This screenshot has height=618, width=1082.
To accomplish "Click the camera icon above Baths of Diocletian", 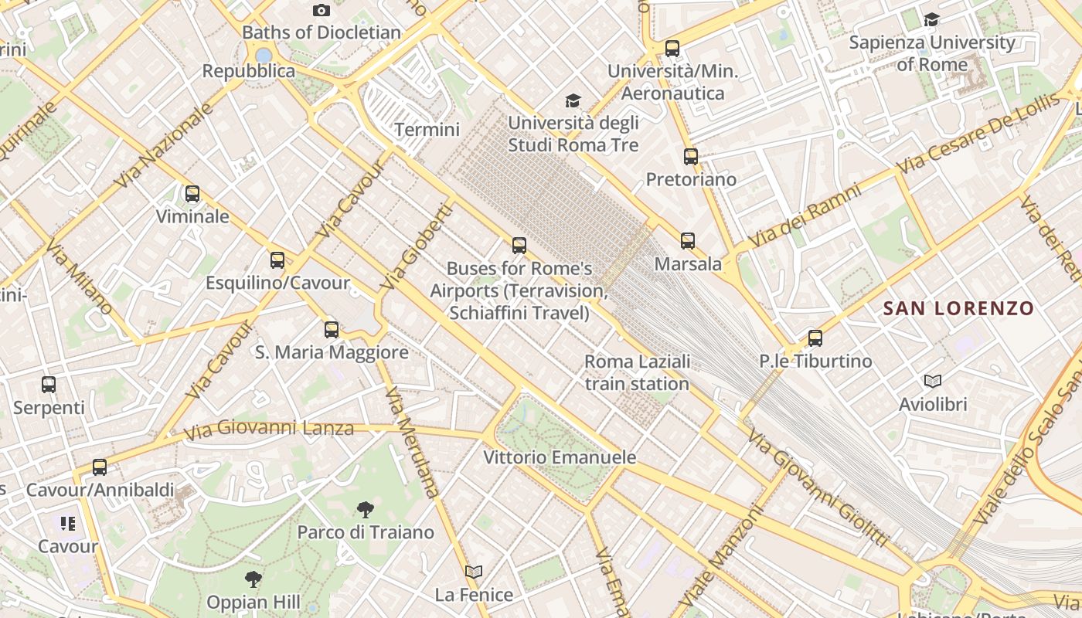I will tap(322, 10).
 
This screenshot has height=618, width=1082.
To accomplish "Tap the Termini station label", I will tap(427, 130).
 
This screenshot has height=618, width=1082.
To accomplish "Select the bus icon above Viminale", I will tap(192, 194).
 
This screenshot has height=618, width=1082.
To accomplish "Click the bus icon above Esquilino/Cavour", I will tap(277, 260).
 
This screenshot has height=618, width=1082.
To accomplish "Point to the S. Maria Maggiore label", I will tap(332, 353).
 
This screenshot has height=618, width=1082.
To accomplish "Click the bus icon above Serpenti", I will tap(49, 384).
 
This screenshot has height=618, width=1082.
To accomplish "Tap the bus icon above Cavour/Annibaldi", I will tap(100, 467).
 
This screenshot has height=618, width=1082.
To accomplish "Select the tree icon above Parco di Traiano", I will tap(366, 509).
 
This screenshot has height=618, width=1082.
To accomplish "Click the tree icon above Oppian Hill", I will tap(253, 579).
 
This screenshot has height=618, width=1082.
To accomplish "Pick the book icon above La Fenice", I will tap(474, 572).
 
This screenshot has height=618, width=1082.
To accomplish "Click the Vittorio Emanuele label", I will tap(560, 457).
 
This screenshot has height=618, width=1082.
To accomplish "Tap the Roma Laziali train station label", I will tap(637, 372).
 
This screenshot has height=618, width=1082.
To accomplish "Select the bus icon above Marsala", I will tap(688, 241).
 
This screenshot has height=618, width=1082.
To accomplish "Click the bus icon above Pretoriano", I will tap(691, 157).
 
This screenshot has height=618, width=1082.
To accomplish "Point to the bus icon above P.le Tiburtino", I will tap(815, 338).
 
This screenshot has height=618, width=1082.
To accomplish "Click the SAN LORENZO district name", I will tap(958, 309).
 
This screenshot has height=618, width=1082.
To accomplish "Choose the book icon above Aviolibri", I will tap(933, 381).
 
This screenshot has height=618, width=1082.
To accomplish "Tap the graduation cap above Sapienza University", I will tap(932, 19).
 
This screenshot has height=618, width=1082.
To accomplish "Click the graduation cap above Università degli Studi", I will tap(573, 100).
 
